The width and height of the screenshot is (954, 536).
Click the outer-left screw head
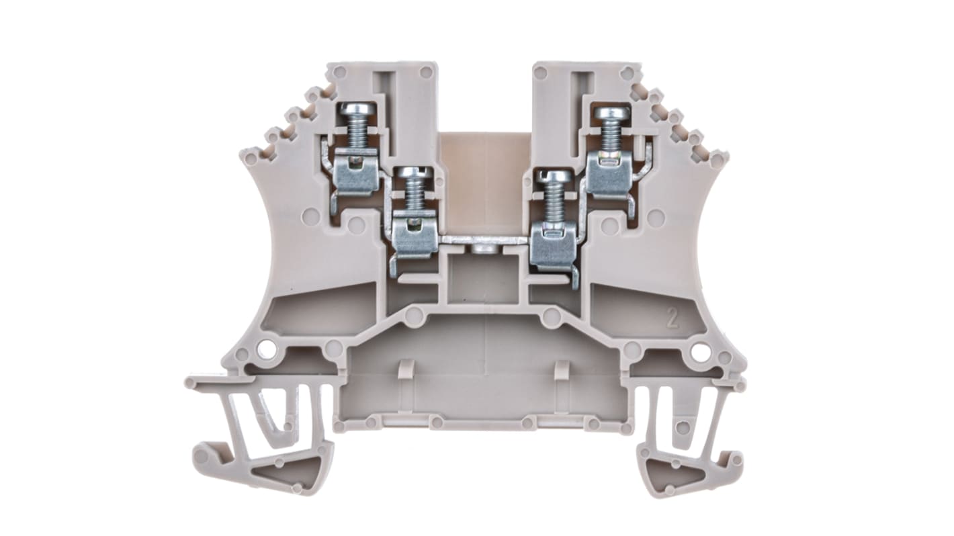[x=354, y=109]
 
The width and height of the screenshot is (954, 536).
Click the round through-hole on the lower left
[x=266, y=349]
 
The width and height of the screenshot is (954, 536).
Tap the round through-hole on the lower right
[x=701, y=351]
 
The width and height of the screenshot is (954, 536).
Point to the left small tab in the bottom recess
[x=405, y=369]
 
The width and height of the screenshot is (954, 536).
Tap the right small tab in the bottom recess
[x=562, y=369]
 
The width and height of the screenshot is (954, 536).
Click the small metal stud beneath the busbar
[x=482, y=250]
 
